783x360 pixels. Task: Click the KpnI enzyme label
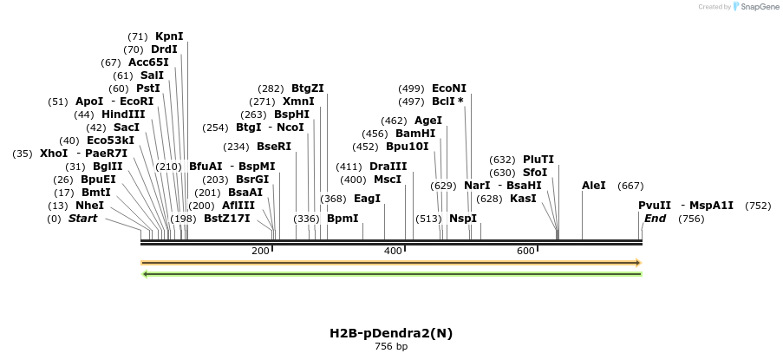point(169,36)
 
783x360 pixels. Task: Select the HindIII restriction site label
point(123,115)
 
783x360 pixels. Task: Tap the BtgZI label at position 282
point(307,88)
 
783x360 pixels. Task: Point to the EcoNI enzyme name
point(448,88)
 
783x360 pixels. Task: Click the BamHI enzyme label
point(415,134)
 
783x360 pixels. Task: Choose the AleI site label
point(594,186)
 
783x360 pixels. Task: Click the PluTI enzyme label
point(538,160)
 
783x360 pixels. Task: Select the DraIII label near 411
point(388,167)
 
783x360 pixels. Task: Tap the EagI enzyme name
point(368,199)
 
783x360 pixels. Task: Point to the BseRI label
point(274,147)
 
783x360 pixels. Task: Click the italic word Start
point(83,219)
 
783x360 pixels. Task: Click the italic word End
point(655,219)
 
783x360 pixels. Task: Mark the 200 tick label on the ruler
point(260,251)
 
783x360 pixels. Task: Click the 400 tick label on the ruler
point(393,251)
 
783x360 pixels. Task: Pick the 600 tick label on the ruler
point(525,251)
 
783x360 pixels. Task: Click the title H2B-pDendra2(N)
point(390,333)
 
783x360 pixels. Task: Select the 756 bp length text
point(390,347)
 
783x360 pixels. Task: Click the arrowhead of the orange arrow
point(637,262)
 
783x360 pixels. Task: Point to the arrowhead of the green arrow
point(145,274)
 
